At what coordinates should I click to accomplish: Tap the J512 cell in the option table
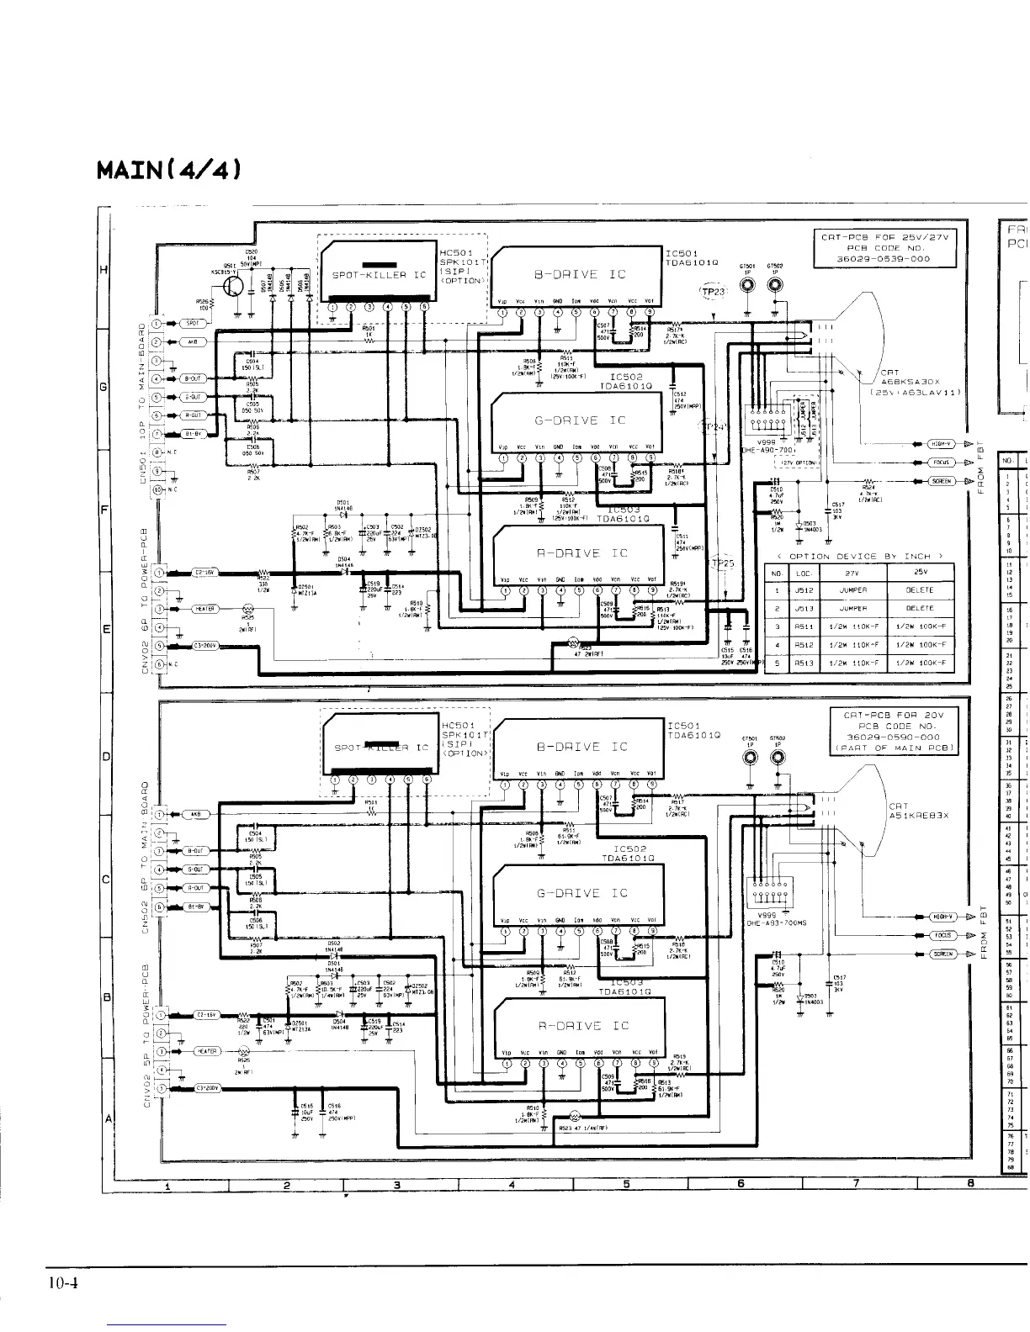803,590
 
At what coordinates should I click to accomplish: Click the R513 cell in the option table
803,663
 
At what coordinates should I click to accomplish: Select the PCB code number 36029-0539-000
884,258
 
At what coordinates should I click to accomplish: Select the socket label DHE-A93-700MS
778,922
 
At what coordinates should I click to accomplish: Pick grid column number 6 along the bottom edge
741,1185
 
